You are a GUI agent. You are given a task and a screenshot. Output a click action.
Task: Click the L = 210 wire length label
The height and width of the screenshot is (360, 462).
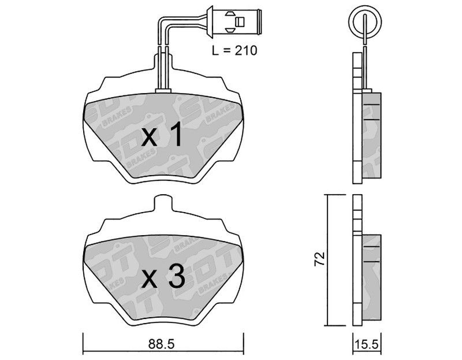tap(234, 50)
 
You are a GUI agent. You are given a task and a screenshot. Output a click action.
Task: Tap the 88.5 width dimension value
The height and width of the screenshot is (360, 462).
tap(162, 344)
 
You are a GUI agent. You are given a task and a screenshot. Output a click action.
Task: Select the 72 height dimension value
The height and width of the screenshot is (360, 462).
tap(319, 259)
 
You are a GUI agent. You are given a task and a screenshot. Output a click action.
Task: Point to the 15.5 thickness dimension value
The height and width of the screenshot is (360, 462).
tap(367, 344)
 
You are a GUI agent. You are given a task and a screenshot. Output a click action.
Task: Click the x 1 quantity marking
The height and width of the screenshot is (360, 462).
tap(161, 135)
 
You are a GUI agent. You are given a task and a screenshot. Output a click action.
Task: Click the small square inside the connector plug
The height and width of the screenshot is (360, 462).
tap(240, 21)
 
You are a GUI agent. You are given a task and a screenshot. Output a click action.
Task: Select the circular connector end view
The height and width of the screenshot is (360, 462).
tap(365, 22)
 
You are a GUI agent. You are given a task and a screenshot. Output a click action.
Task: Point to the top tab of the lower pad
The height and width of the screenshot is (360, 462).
tap(163, 203)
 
